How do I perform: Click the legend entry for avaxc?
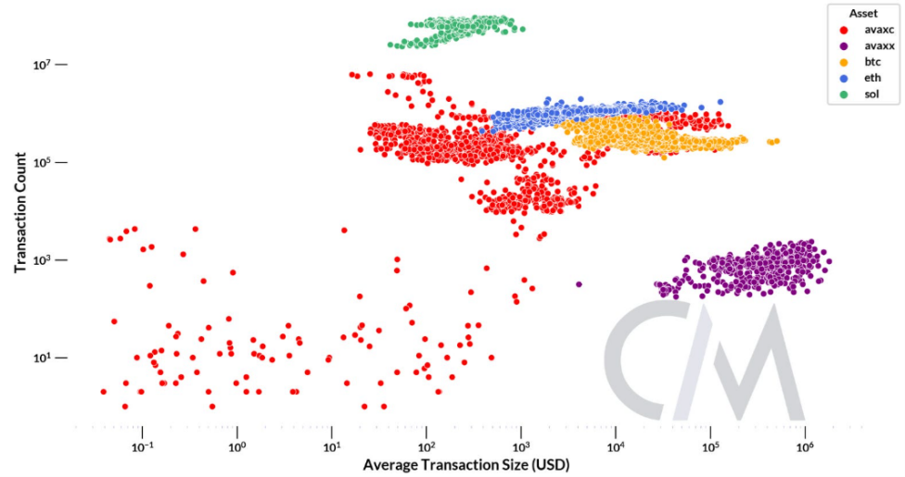(x=864, y=30)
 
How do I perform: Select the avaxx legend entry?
(x=864, y=45)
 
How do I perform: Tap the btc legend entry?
(x=859, y=61)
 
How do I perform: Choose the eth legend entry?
(x=859, y=78)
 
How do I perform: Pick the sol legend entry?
(x=858, y=94)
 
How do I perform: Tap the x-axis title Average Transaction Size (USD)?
(x=465, y=463)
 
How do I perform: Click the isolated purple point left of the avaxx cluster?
(x=579, y=284)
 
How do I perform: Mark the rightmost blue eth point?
(x=720, y=101)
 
